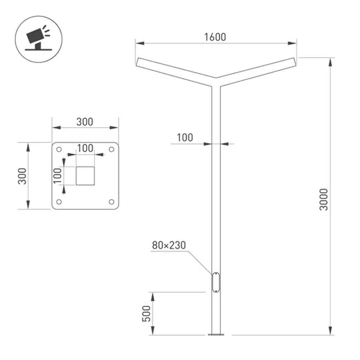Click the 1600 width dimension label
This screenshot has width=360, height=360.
pos(215,37)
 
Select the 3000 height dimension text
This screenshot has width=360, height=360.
pos(324,199)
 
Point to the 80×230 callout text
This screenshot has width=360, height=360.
pos(168,246)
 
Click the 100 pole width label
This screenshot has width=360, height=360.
pos(185,138)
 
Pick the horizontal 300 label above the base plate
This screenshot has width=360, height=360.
pos(85,122)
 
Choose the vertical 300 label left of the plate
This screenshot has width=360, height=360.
pos(23,176)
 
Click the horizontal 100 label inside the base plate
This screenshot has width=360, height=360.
pos(85,148)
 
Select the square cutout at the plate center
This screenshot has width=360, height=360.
pos(85,176)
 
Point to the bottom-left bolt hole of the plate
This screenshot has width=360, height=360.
pos(59,202)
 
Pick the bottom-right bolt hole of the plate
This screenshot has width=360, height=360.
pos(111,202)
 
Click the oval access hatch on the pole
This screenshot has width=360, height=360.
pos(216,282)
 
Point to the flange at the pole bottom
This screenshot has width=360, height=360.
pos(216,335)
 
